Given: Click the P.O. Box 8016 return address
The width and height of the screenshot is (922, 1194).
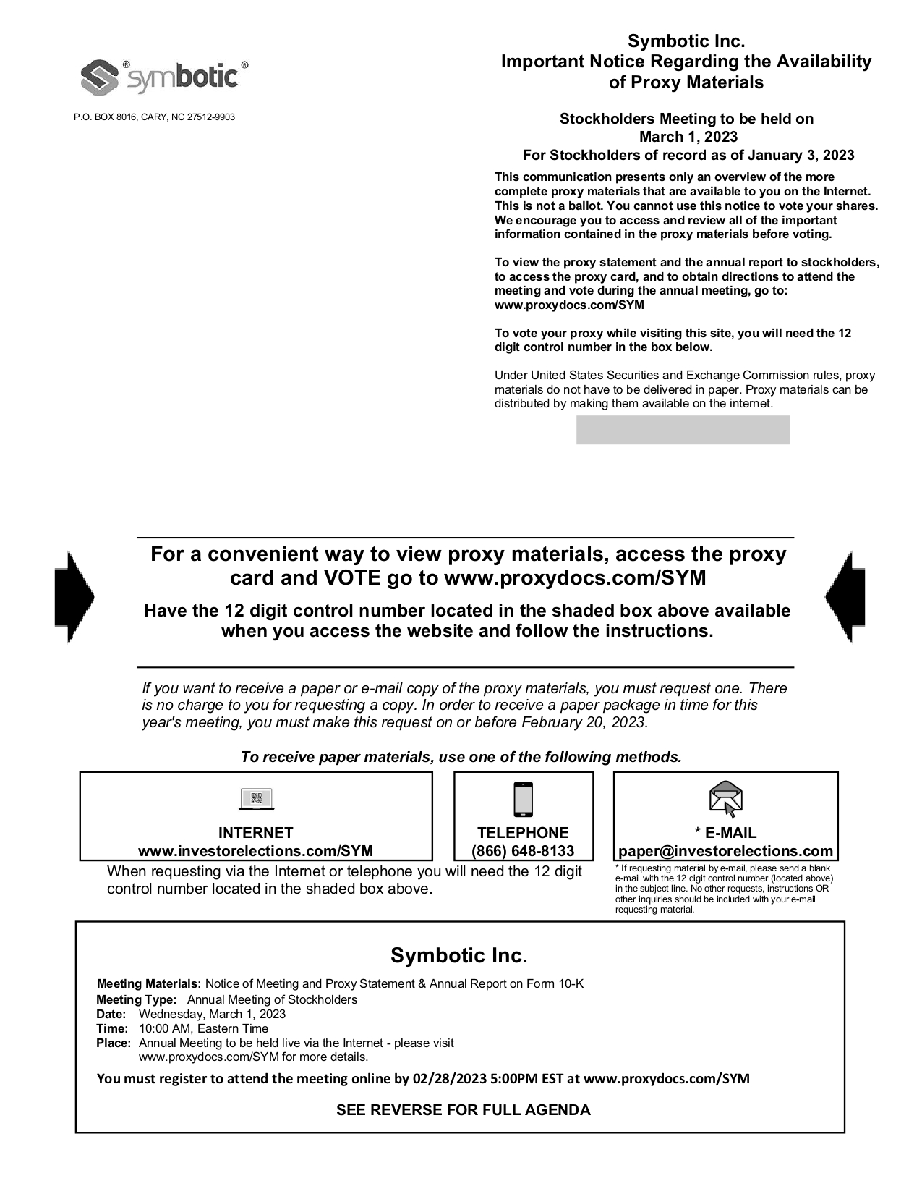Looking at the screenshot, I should [154, 117].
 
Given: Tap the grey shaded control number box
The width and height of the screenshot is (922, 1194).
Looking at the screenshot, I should [683, 430].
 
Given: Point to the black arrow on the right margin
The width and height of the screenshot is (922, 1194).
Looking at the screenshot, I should [845, 597].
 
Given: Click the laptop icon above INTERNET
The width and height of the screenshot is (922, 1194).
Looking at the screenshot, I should [256, 800].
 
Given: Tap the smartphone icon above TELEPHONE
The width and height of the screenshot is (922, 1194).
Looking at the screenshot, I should [523, 800].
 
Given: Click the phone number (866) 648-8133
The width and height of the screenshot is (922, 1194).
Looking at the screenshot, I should [523, 851].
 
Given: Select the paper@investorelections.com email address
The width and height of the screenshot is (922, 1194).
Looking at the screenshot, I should [725, 851].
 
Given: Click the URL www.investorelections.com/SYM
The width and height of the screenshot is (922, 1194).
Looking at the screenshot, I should [256, 851].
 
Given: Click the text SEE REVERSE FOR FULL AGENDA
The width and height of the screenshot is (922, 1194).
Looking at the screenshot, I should [463, 1110].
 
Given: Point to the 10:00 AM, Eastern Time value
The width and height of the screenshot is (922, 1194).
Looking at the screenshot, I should [203, 1028].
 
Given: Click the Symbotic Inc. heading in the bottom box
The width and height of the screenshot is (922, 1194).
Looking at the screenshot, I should [459, 955].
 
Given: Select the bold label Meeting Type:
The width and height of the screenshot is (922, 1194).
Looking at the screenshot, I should [136, 999].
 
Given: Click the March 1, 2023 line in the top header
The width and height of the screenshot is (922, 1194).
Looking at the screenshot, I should [688, 137].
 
